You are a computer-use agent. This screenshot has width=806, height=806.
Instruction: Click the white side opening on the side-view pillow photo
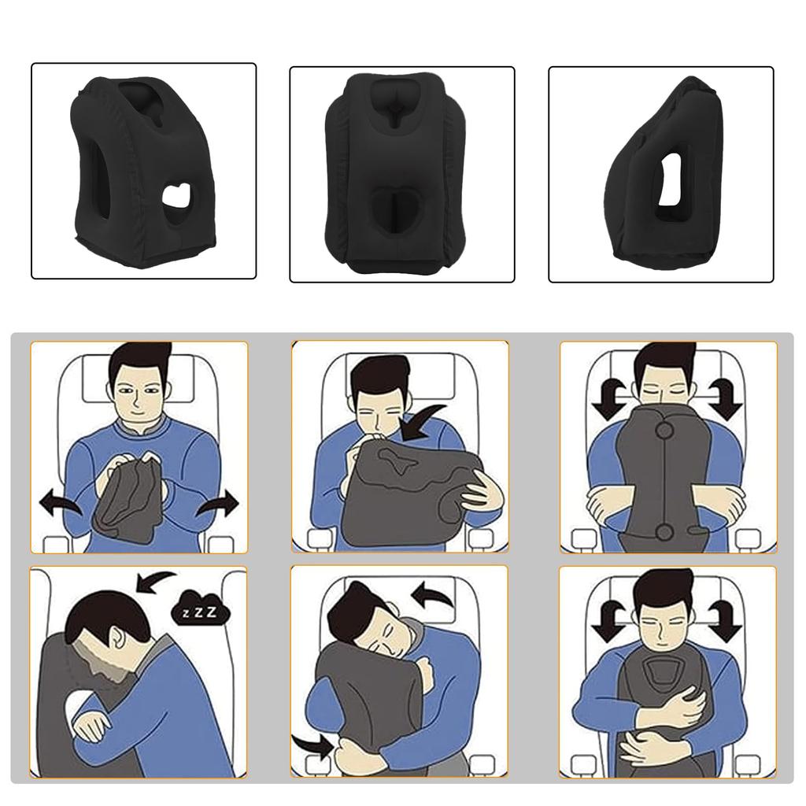pyautogui.click(x=671, y=179)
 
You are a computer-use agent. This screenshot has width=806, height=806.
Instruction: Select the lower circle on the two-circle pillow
pyautogui.click(x=664, y=532)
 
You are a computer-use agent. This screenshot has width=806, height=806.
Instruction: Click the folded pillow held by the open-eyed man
pyautogui.click(x=129, y=496)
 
